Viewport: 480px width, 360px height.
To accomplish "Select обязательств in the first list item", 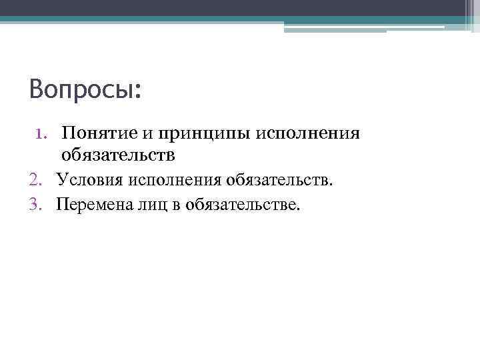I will click(118, 155).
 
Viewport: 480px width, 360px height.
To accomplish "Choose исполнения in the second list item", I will click(175, 179).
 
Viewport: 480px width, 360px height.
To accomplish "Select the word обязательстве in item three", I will click(243, 203).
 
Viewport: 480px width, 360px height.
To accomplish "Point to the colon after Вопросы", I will click(138, 91).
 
